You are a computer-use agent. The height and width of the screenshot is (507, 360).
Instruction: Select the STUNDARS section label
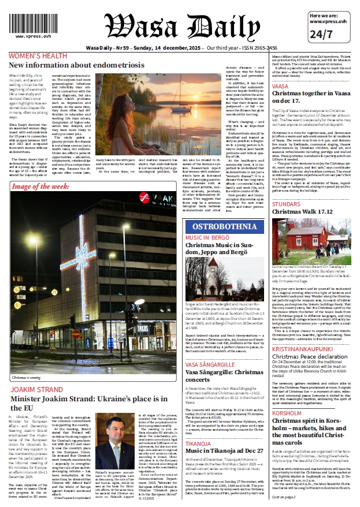pyautogui.click(x=287, y=203)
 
